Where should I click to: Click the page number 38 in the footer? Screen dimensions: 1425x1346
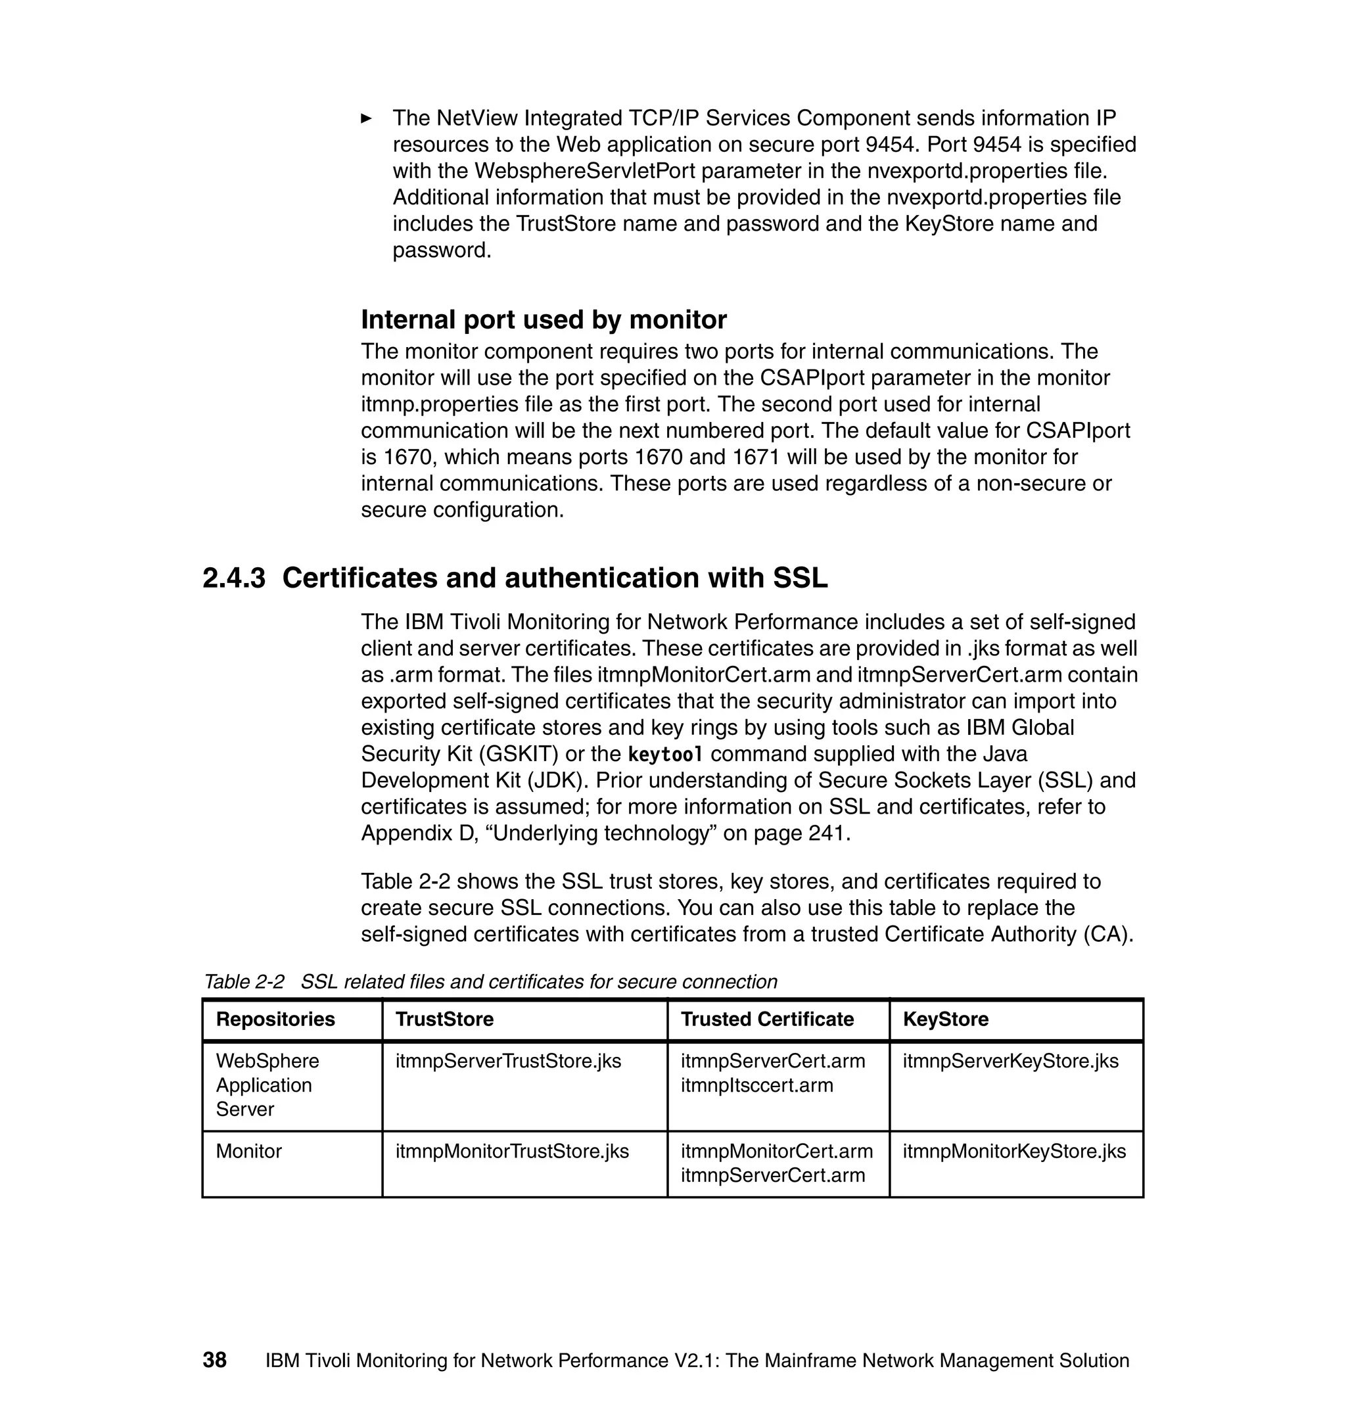click(x=214, y=1360)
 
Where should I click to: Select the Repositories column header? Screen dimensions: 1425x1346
click(x=275, y=1019)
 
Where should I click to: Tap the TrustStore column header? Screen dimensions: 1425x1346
click(x=444, y=1019)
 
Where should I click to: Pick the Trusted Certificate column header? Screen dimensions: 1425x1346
click(x=767, y=1019)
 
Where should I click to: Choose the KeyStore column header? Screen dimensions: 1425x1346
click(x=945, y=1019)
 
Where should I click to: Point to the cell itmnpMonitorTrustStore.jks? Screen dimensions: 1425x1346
click(x=511, y=1151)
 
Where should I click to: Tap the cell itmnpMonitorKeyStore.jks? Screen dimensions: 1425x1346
click(x=1014, y=1151)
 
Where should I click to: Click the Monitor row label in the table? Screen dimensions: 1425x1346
click(x=249, y=1151)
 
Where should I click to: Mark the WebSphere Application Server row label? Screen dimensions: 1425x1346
click(x=267, y=1085)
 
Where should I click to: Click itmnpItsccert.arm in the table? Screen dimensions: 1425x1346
click(x=757, y=1085)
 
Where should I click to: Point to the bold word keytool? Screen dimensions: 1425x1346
click(x=665, y=754)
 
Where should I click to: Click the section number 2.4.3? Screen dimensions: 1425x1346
click(x=234, y=578)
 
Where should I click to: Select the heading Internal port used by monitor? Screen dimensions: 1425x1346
click(x=543, y=319)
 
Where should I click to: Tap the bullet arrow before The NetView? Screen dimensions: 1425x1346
click(x=367, y=118)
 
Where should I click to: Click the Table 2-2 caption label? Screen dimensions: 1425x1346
click(x=244, y=981)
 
